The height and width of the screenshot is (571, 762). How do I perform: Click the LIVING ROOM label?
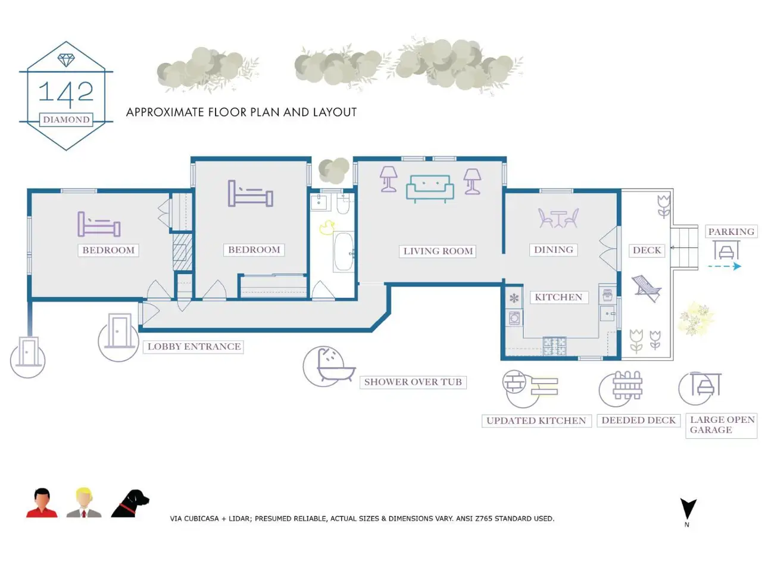point(438,251)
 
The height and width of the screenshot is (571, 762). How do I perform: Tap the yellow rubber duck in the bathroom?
point(327,228)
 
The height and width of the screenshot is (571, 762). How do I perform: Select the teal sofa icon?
point(430,189)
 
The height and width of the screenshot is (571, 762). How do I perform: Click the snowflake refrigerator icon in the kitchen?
point(514,298)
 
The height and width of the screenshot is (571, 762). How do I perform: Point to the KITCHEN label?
point(558,297)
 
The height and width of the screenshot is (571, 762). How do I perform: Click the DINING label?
point(554,250)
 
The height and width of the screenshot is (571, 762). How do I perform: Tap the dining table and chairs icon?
point(558,218)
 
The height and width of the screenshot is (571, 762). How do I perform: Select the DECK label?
point(647,250)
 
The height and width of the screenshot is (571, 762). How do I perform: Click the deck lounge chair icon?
point(647,288)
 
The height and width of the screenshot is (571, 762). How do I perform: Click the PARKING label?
point(731,231)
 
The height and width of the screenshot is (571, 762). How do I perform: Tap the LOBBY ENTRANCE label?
point(193,347)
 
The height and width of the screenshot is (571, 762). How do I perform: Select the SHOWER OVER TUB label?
point(413,382)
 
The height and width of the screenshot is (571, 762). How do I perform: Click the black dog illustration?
point(130,503)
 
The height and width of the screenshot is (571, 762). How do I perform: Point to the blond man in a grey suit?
point(84,503)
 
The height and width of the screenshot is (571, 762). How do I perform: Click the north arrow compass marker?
point(688,509)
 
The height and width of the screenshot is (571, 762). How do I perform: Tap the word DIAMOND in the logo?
point(66,120)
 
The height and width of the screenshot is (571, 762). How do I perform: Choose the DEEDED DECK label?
point(638,420)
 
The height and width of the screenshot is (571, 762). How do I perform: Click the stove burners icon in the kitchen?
point(554,346)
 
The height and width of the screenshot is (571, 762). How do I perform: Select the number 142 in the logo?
point(66,93)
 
